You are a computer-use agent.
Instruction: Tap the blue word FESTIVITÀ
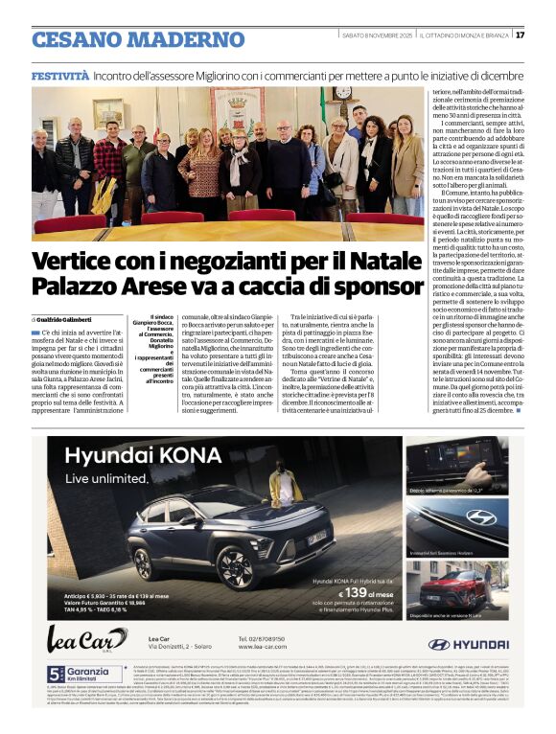coord(60,75)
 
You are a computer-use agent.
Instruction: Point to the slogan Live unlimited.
coord(107,478)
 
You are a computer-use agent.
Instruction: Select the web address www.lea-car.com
coord(263,647)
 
